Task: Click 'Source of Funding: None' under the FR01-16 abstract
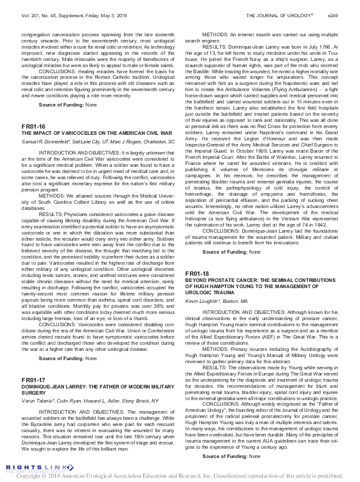68,358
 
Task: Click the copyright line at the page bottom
180,476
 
